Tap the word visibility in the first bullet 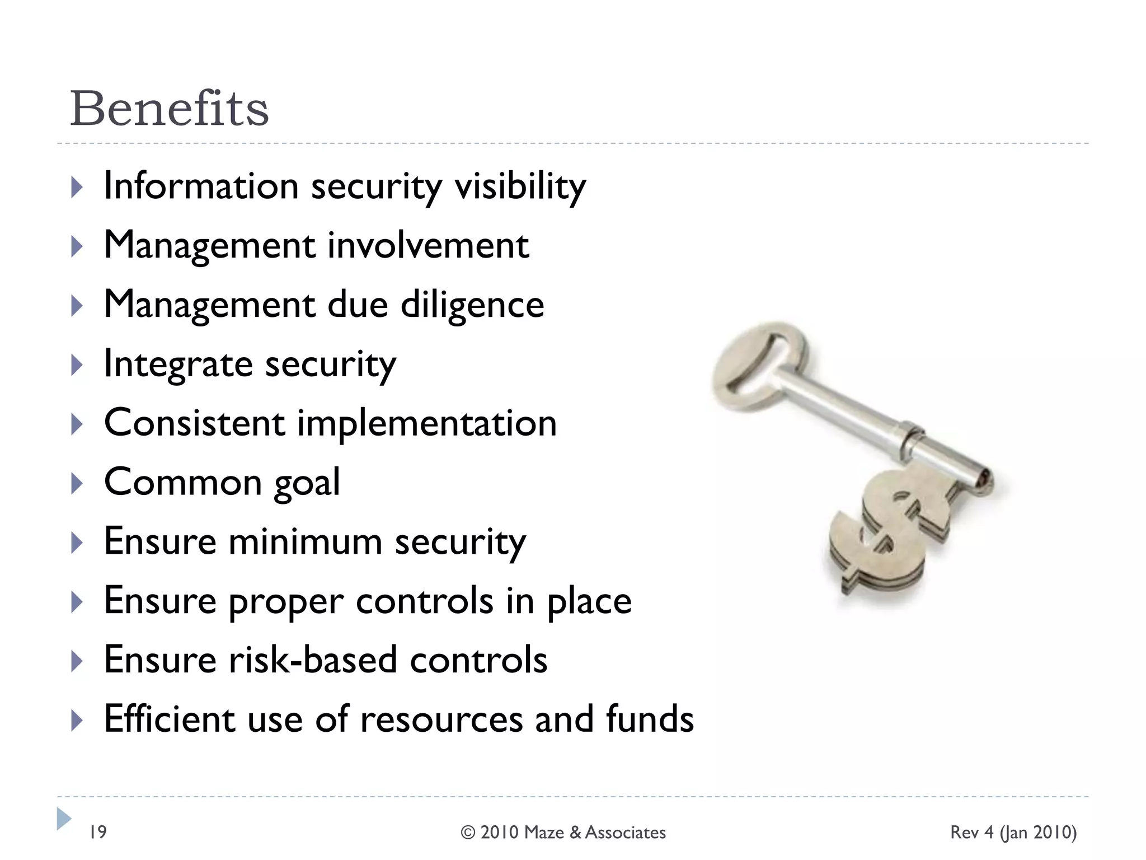(520, 186)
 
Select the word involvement (428, 246)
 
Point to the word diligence (472, 306)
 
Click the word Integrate (179, 364)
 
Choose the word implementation (427, 423)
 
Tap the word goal (307, 483)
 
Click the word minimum (305, 542)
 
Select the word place (589, 602)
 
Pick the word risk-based (313, 660)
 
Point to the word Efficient (170, 719)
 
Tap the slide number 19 (98, 832)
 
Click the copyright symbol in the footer (468, 833)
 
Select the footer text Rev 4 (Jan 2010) (1013, 833)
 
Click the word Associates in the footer (625, 833)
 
